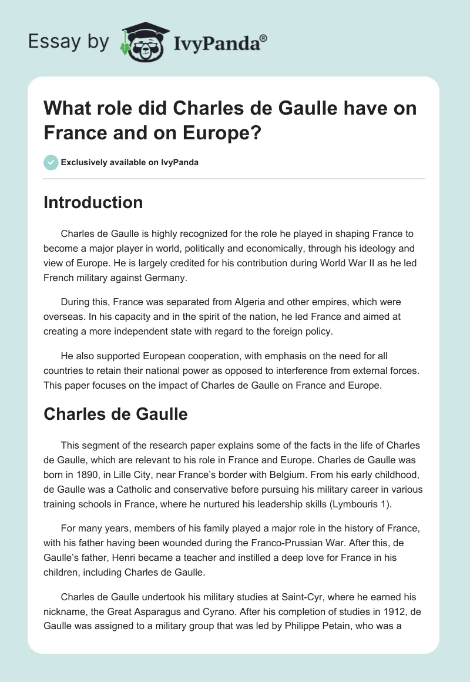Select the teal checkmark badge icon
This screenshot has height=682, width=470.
(x=51, y=162)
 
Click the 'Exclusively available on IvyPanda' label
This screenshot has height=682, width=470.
(x=129, y=162)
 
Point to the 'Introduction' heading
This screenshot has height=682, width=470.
(x=93, y=202)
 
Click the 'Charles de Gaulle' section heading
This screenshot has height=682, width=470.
(x=116, y=414)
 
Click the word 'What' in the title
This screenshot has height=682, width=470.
(x=66, y=109)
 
